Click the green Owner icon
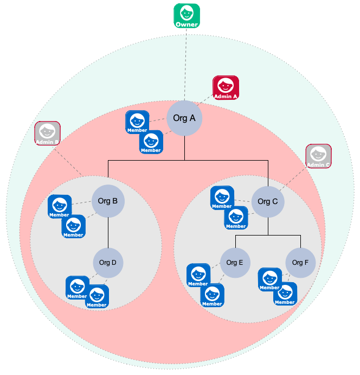click(187, 16)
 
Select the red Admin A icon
click(226, 88)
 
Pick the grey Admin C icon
click(318, 157)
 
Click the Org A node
click(184, 118)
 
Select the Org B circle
click(108, 201)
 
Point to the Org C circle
click(268, 202)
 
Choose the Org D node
click(108, 263)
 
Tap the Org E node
click(235, 263)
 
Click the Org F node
click(300, 263)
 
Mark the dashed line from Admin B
click(70, 161)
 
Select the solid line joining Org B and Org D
click(108, 233)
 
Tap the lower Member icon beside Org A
click(151, 142)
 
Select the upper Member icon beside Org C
click(222, 198)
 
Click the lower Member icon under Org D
click(97, 297)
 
